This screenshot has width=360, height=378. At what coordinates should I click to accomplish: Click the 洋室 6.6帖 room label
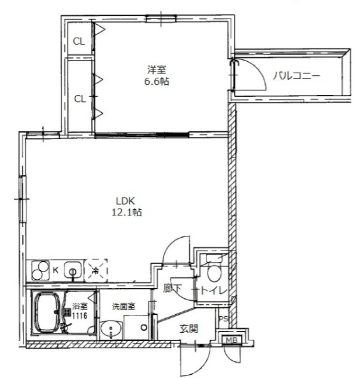(x=157, y=76)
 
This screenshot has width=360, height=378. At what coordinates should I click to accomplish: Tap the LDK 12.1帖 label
(x=127, y=207)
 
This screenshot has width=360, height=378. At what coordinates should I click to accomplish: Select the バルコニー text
(x=297, y=76)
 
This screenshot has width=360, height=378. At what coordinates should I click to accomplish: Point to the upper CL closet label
(x=79, y=41)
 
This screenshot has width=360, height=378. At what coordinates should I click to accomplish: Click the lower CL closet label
(x=80, y=99)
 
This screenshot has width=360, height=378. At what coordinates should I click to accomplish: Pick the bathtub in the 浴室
(x=47, y=312)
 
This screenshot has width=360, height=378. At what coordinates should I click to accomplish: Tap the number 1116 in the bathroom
(x=80, y=316)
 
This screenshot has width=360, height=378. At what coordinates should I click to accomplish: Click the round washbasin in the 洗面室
(x=111, y=330)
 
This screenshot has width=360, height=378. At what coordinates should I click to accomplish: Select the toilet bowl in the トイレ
(x=214, y=272)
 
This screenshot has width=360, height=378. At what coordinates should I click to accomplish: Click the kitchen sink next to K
(x=73, y=271)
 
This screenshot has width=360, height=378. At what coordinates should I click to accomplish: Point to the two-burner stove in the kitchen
(x=40, y=270)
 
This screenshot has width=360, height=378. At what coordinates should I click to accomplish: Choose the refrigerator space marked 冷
(x=96, y=270)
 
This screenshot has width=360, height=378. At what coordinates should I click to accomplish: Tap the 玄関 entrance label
(x=189, y=328)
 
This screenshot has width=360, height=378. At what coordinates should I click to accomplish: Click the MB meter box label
(x=231, y=340)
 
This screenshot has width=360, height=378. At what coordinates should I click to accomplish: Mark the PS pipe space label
(x=223, y=319)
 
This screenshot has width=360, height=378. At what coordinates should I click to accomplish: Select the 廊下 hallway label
(x=172, y=288)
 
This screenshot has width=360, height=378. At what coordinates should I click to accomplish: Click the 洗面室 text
(x=124, y=307)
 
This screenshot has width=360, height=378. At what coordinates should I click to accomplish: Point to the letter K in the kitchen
(x=55, y=270)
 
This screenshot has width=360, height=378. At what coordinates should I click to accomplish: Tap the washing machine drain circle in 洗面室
(x=144, y=328)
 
